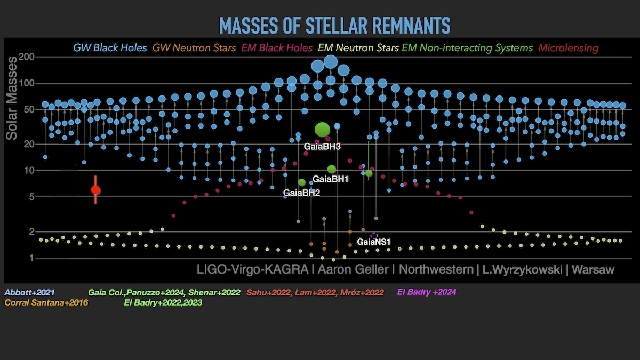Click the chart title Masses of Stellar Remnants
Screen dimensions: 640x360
[334, 26]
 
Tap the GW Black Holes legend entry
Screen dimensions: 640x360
[110, 47]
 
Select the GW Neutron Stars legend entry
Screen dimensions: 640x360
[194, 47]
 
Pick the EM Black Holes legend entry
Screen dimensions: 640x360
[277, 47]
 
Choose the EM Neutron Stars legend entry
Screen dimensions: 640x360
[358, 47]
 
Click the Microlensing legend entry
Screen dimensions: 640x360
[569, 47]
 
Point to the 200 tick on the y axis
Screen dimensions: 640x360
[26, 57]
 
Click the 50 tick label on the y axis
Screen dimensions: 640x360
[29, 109]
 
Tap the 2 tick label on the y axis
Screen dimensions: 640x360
[31, 231]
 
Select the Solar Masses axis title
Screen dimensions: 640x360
[12, 98]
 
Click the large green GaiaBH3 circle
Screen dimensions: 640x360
[322, 130]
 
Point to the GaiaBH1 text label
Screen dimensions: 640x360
[330, 179]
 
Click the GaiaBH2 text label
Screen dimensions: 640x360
[301, 193]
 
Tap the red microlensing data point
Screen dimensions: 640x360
[95, 190]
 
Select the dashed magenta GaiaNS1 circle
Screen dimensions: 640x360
[374, 236]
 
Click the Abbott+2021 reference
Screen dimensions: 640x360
[29, 293]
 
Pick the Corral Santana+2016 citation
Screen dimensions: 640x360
[46, 302]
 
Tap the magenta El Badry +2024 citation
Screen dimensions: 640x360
[427, 292]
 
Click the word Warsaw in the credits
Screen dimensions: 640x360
[593, 270]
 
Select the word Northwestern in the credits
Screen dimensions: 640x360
[436, 269]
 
